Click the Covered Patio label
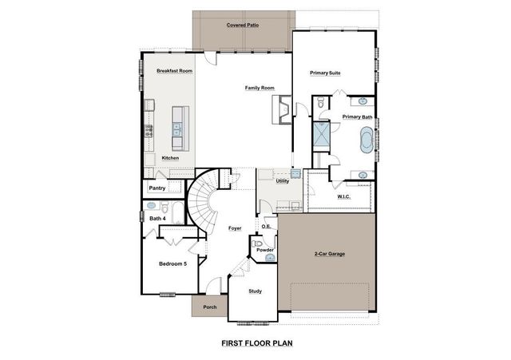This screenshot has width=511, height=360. [243, 26]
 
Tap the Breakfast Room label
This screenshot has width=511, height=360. [175, 71]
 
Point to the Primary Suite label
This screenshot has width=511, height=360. [325, 73]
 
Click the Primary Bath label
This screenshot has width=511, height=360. [357, 117]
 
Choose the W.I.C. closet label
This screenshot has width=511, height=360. [345, 196]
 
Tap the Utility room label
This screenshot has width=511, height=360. [282, 181]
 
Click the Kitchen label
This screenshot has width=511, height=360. [170, 158]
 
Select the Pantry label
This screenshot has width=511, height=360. [156, 188]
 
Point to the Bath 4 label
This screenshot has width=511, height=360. [157, 218]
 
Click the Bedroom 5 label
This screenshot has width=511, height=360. [172, 263]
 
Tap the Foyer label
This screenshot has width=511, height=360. [235, 228]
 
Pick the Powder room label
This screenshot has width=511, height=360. [265, 251]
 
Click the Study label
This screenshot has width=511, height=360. [255, 291]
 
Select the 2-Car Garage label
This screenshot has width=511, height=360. [329, 253]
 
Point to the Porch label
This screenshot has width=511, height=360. [210, 307]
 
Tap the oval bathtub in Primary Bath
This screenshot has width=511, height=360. [366, 142]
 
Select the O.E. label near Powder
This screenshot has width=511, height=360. [266, 227]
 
